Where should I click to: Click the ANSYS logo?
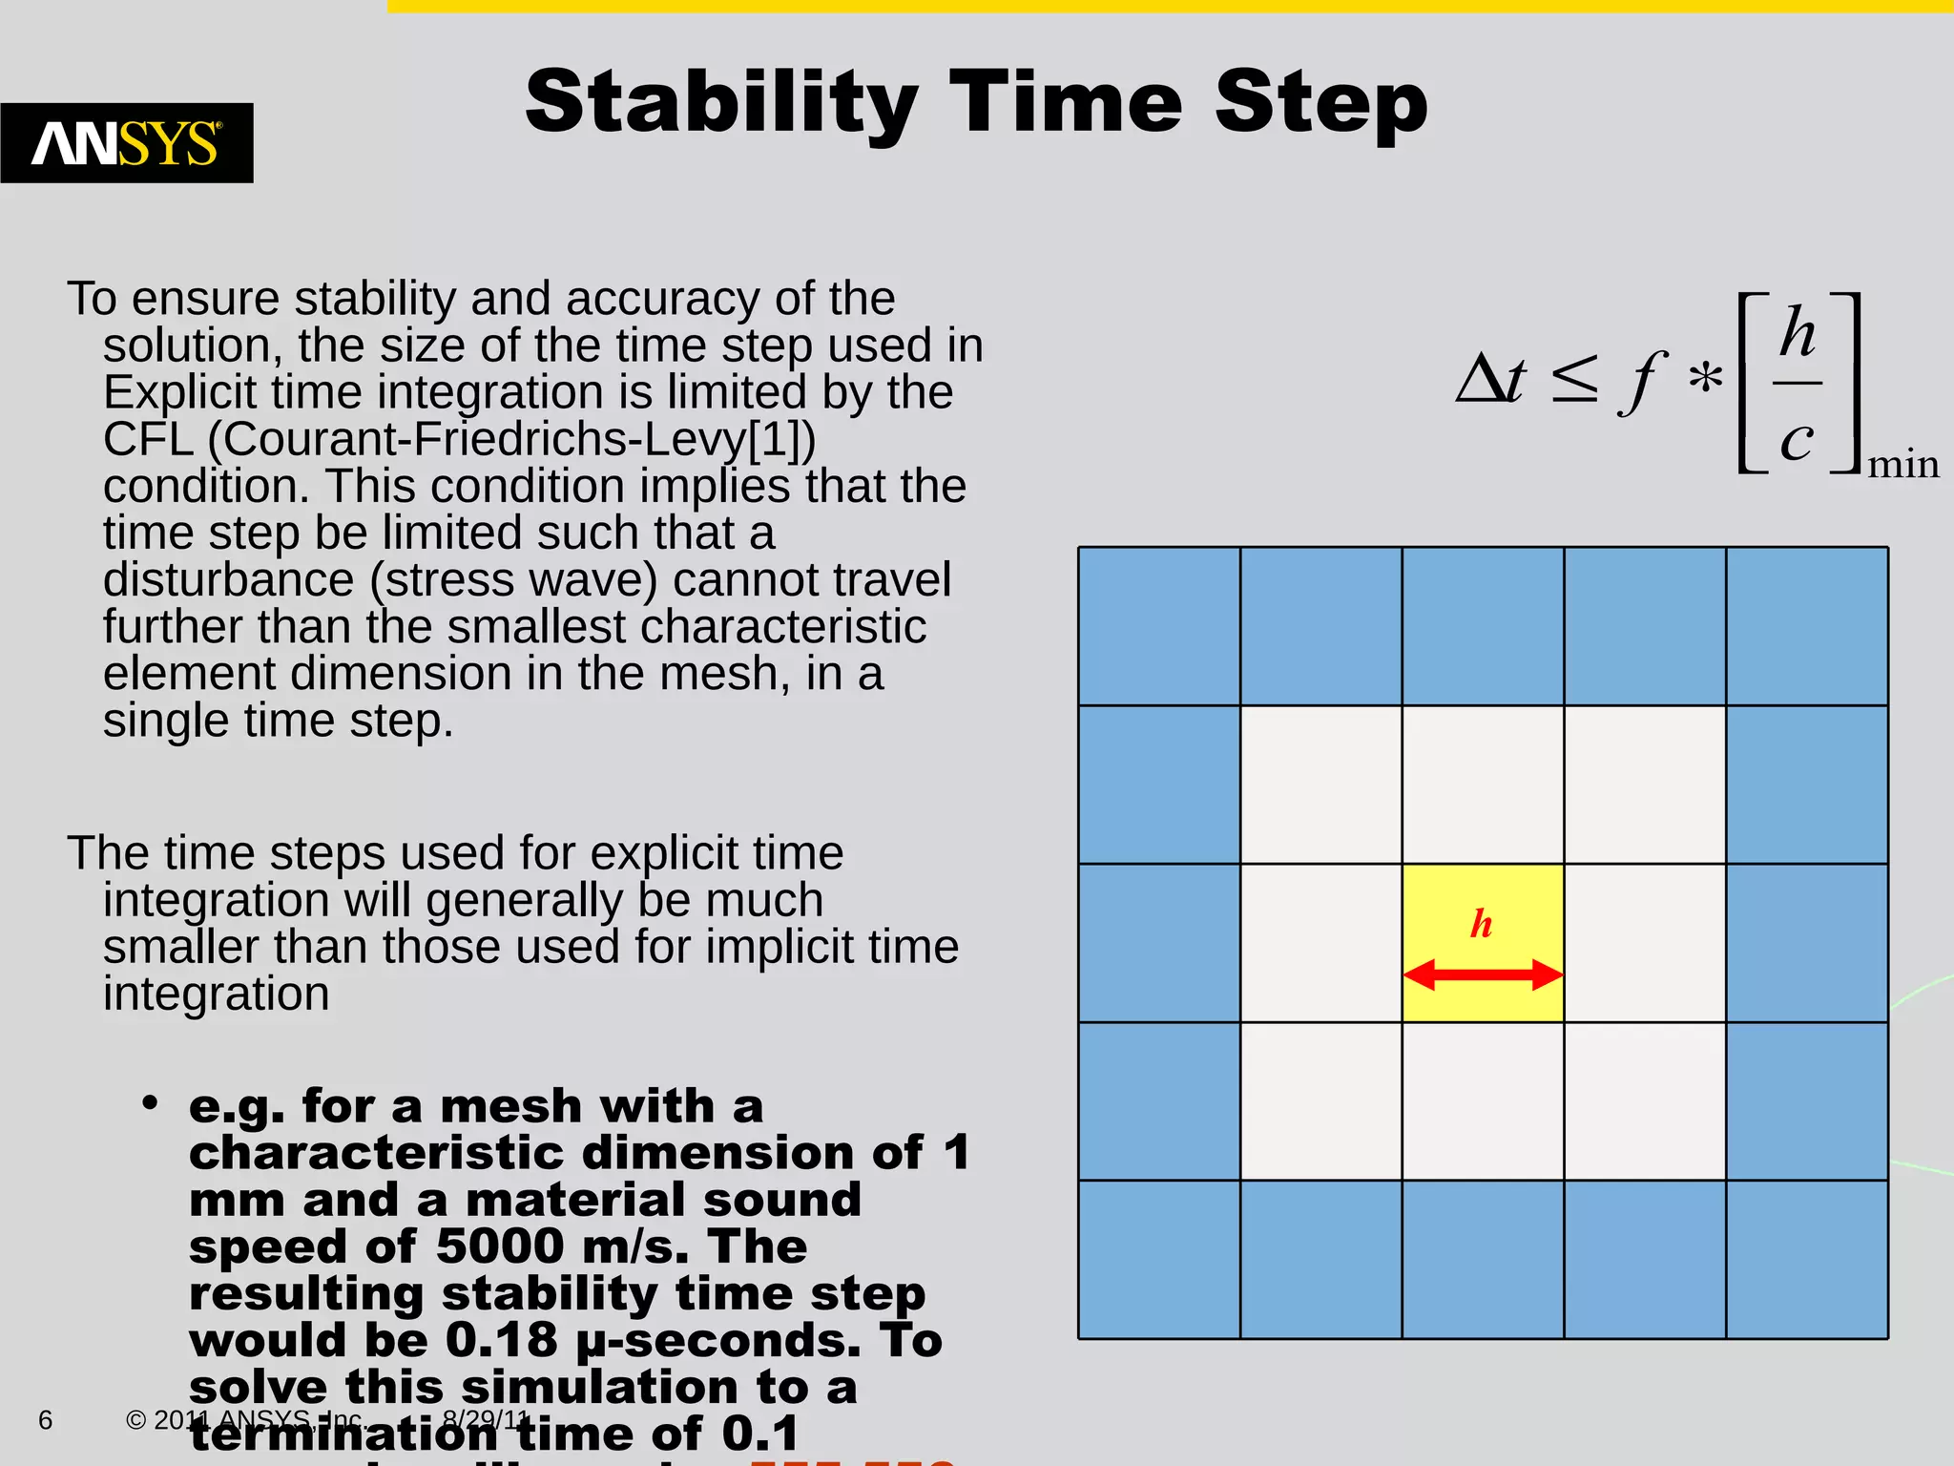(x=127, y=143)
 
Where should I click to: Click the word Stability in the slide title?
(x=721, y=103)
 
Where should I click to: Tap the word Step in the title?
(x=1321, y=103)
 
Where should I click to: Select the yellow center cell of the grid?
(x=1483, y=943)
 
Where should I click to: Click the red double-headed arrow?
(x=1483, y=974)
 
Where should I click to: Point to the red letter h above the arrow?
(x=1481, y=924)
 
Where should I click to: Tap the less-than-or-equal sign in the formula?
(x=1574, y=380)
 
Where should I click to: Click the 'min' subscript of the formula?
(x=1902, y=465)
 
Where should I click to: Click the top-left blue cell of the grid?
(x=1159, y=626)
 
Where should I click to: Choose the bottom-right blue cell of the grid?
(x=1807, y=1260)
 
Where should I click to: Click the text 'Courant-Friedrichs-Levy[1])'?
(x=511, y=439)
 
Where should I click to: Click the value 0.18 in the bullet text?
(x=501, y=1340)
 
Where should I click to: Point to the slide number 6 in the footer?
(x=45, y=1420)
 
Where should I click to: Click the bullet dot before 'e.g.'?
(x=149, y=1104)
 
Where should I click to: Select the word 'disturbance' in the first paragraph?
(x=229, y=580)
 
